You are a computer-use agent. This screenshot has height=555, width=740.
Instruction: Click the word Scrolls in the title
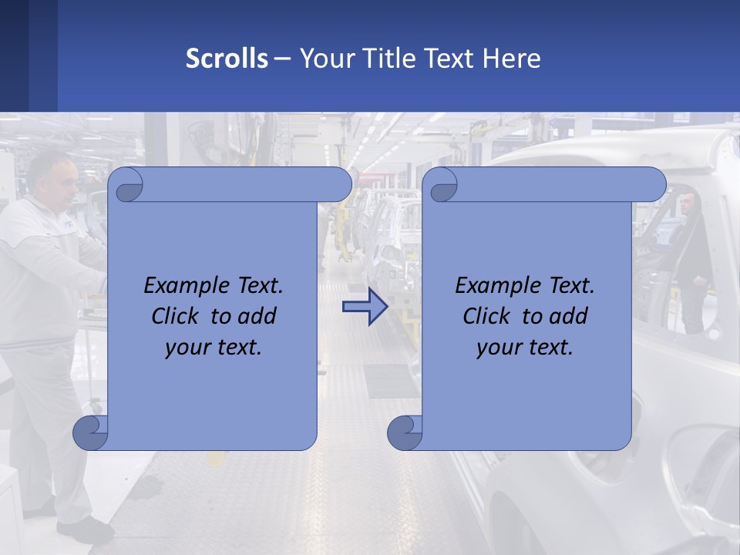tap(227, 59)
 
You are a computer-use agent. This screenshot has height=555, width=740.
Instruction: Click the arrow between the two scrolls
tap(365, 308)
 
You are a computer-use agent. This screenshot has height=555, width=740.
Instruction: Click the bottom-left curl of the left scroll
tap(90, 432)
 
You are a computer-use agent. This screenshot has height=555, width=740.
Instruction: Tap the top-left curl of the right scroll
tap(442, 185)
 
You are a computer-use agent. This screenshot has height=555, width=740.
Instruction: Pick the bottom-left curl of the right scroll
tap(405, 432)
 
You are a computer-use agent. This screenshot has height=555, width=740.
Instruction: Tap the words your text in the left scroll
tap(214, 348)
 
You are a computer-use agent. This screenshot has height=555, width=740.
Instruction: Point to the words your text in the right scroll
tap(525, 348)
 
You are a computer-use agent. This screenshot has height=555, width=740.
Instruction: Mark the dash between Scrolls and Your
tap(283, 59)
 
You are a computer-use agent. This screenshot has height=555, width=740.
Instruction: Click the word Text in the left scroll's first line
tap(258, 286)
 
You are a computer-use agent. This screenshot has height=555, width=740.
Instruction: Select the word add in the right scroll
tap(569, 316)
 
